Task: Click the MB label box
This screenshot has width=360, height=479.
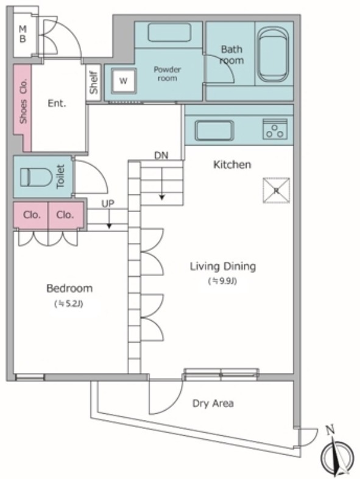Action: [x=23, y=34]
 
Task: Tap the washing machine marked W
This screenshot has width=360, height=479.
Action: [x=124, y=81]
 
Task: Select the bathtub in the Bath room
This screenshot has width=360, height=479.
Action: [x=273, y=55]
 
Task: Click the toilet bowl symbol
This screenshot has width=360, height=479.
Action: [x=36, y=177]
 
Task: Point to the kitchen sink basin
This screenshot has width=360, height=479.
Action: [x=214, y=130]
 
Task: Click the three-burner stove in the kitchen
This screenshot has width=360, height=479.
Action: [x=275, y=129]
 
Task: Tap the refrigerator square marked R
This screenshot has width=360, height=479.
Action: [x=277, y=191]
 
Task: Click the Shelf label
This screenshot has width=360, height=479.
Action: [x=94, y=82]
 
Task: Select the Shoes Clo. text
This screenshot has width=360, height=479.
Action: [x=23, y=101]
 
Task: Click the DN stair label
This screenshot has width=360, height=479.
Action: [x=161, y=155]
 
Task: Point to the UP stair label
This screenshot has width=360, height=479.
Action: [x=107, y=204]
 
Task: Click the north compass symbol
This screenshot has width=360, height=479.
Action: [x=337, y=454]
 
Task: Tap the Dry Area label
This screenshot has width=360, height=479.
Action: [x=213, y=403]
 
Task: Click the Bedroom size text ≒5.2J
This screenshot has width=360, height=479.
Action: [x=69, y=304]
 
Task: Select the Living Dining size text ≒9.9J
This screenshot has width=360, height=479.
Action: [x=222, y=281]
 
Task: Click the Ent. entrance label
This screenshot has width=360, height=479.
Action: [x=57, y=103]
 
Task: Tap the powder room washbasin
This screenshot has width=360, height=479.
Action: [x=169, y=33]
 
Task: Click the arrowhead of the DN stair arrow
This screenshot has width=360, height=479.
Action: [x=162, y=197]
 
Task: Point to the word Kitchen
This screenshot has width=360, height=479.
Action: [x=232, y=165]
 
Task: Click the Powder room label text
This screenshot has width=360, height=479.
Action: [x=167, y=74]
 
